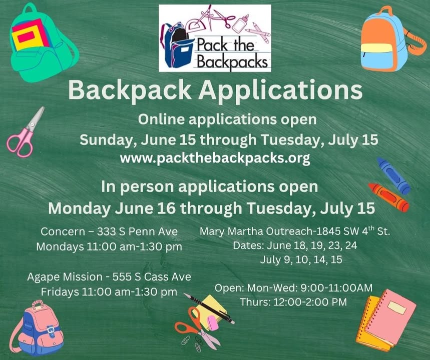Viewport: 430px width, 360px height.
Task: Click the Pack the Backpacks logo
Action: click(x=215, y=38)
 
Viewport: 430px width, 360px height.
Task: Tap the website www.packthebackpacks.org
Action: click(x=215, y=158)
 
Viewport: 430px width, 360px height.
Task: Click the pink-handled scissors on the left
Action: click(x=25, y=132)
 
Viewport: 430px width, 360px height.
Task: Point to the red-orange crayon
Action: click(x=388, y=197)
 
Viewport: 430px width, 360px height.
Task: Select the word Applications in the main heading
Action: click(x=280, y=90)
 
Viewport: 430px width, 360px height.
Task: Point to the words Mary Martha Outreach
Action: click(x=257, y=231)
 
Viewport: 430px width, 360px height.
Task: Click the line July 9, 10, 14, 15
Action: click(x=301, y=259)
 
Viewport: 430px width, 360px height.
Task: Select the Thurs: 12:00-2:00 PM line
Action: click(x=293, y=302)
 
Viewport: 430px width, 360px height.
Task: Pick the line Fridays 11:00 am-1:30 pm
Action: click(x=109, y=292)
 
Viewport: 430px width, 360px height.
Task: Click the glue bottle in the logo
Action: click(x=240, y=22)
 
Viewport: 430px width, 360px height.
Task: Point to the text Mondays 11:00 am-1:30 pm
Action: click(x=109, y=246)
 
